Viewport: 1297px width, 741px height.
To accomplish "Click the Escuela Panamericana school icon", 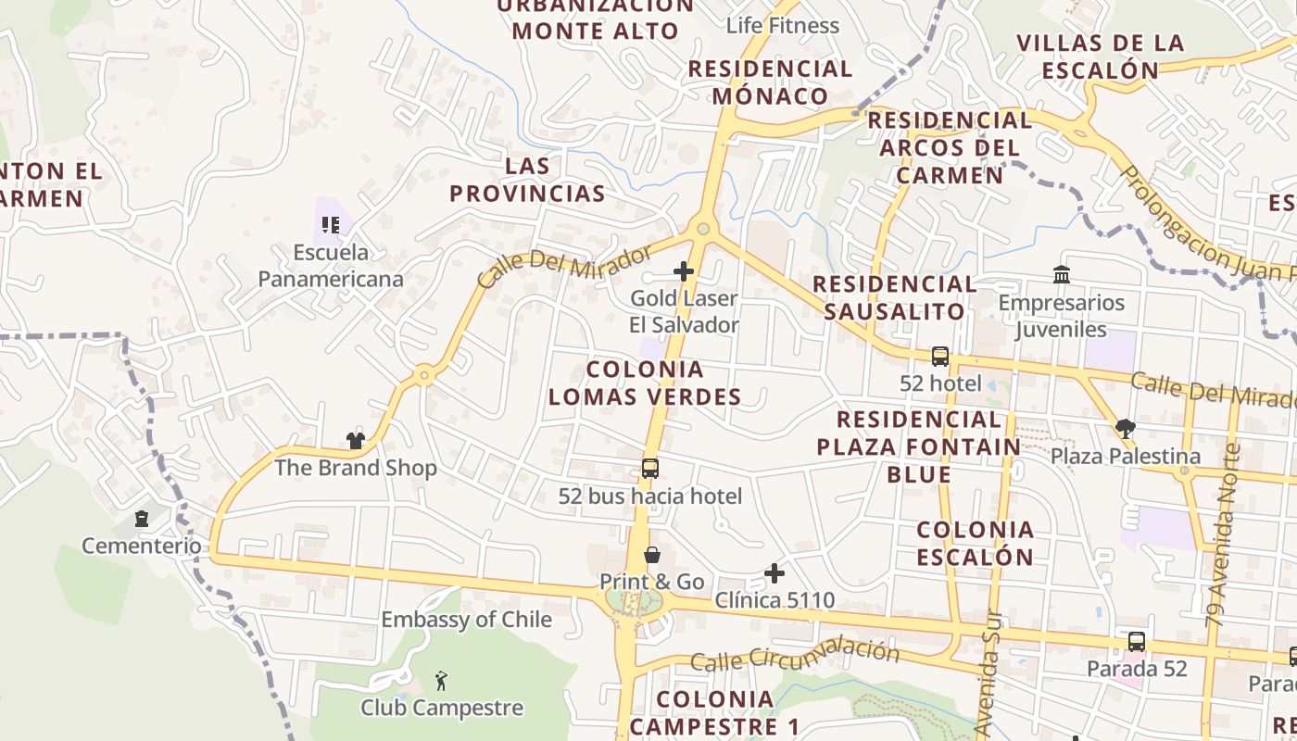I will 331,224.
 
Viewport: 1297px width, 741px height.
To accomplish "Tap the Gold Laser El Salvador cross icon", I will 684,271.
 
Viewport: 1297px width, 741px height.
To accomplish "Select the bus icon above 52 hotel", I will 939,357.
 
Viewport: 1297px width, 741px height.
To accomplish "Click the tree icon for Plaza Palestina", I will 1126,429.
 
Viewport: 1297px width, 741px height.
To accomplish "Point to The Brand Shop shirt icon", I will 356,440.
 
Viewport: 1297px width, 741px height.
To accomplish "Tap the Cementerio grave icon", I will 142,519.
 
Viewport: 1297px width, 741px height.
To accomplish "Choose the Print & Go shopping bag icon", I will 652,555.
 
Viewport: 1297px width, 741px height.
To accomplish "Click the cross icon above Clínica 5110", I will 774,574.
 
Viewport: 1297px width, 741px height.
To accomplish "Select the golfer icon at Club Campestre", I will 442,682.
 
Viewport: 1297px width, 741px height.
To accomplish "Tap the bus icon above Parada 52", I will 1136,641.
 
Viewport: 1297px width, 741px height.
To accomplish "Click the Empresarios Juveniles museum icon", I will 1062,275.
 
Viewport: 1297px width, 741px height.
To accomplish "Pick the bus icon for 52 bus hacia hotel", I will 650,469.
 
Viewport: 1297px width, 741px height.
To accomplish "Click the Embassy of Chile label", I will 466,620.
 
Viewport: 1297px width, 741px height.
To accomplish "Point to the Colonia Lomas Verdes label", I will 645,383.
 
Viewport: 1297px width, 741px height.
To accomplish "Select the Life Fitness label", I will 783,25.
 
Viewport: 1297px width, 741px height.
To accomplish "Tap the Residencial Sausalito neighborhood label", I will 894,297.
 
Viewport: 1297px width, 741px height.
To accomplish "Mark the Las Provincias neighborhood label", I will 527,180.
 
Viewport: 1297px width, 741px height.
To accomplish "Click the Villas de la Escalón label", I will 1100,57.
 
